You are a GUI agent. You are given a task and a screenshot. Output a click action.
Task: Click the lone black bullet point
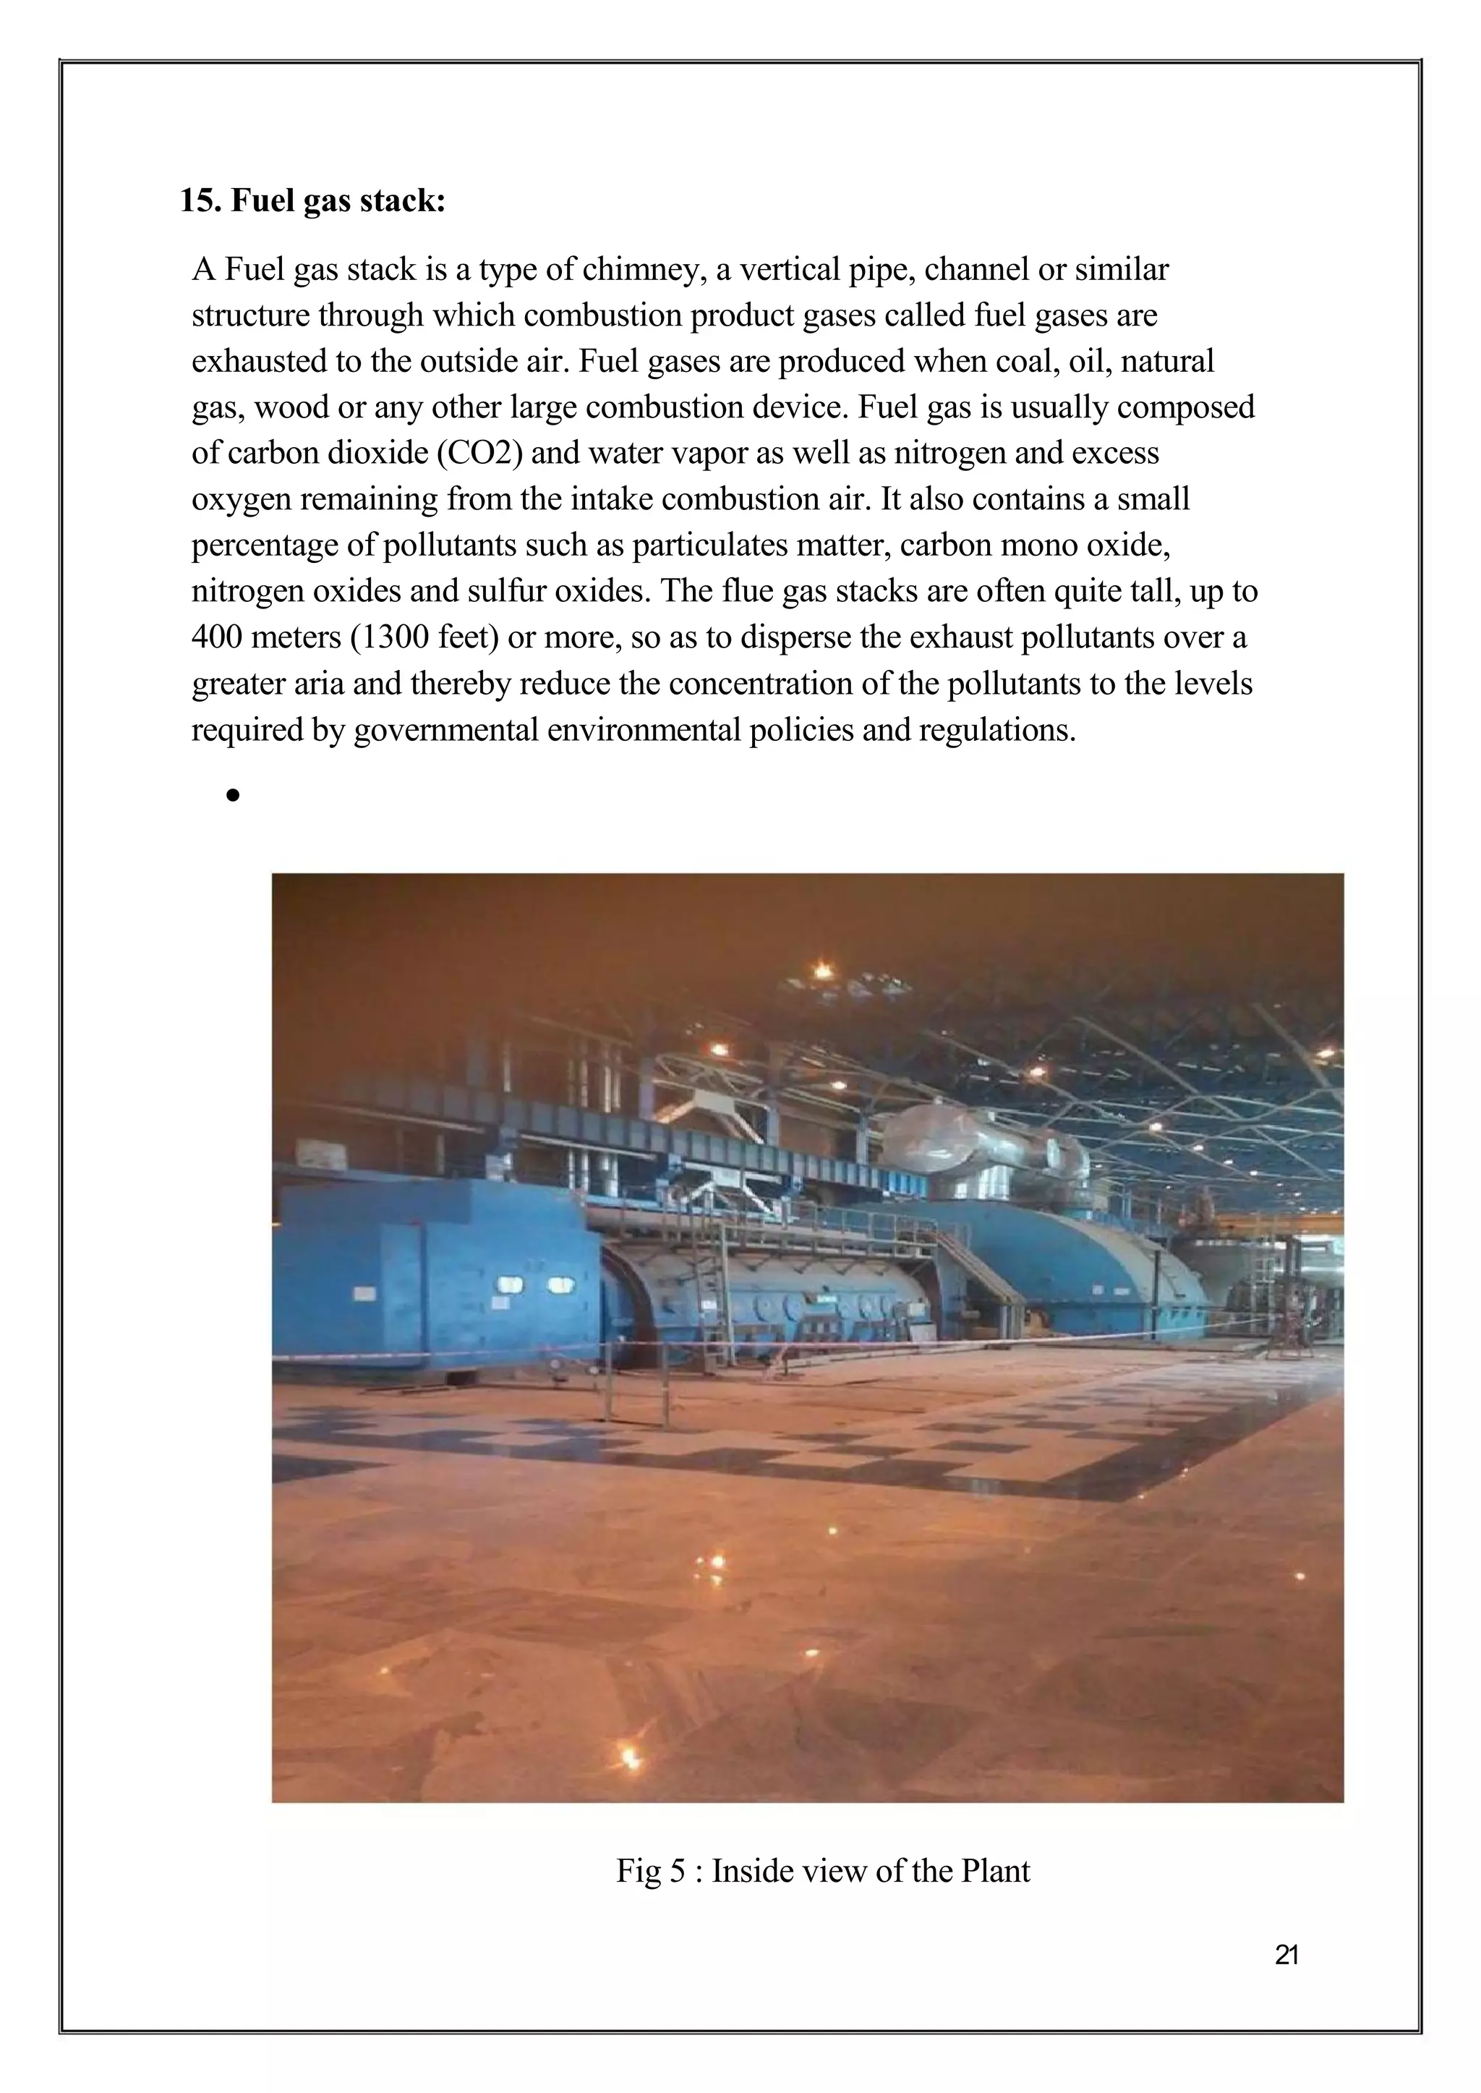[x=234, y=797]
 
